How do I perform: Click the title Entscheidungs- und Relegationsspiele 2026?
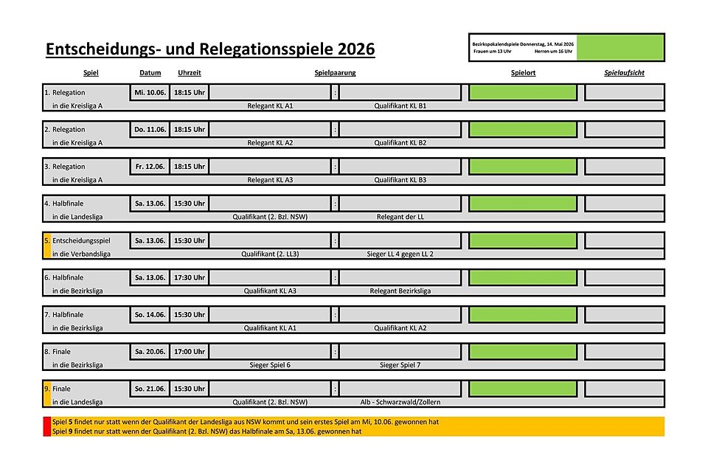point(210,49)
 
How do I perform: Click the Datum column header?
point(150,73)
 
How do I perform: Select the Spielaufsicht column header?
point(624,73)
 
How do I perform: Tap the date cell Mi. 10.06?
point(150,93)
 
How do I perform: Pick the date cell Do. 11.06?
point(150,130)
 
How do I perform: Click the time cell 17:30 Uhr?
point(190,277)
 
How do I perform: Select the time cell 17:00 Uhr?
point(190,351)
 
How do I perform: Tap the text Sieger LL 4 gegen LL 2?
point(400,254)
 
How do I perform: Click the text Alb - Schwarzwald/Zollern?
point(400,402)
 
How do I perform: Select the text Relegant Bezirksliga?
point(400,291)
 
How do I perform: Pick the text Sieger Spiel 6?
point(270,364)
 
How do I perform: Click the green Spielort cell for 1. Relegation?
point(523,93)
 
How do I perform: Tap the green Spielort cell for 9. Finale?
point(523,388)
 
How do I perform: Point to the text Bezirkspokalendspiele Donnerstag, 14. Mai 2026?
point(523,44)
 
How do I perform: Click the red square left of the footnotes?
point(47,426)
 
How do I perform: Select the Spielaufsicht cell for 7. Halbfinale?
point(624,314)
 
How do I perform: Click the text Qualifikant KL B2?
point(400,143)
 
